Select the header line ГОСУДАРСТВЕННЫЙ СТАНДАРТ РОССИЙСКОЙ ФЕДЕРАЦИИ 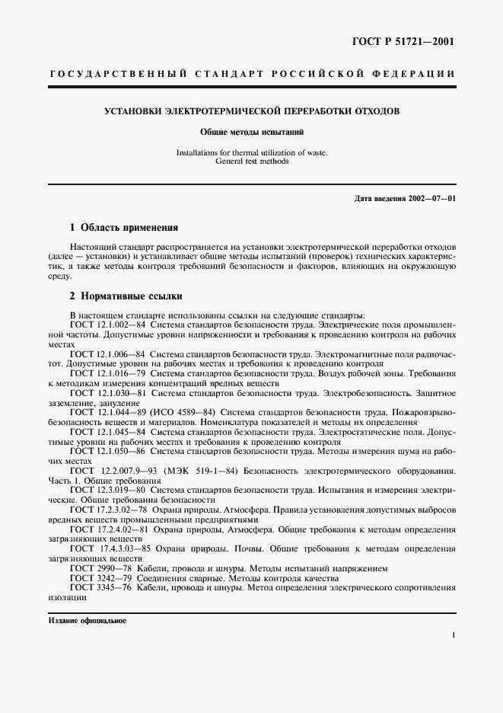pos(252,74)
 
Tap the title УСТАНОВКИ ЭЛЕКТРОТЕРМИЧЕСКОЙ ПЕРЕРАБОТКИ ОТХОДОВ pos(252,111)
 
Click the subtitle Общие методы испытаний pos(252,132)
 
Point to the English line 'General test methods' pos(252,161)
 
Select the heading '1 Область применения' pos(123,227)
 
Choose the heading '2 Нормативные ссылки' pos(126,296)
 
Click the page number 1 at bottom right pos(453,635)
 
